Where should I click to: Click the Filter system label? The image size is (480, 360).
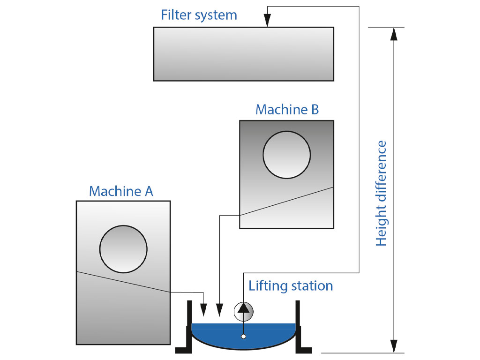(x=199, y=15)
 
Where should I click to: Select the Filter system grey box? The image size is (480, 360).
(x=243, y=54)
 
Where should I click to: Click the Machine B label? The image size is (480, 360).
(x=287, y=110)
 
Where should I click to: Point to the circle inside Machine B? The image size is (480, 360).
(x=286, y=155)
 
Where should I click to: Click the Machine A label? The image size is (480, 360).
(x=121, y=191)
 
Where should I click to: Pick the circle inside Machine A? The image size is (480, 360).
(x=123, y=249)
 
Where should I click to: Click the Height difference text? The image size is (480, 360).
(x=382, y=193)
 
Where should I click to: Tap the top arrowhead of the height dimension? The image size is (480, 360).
(x=394, y=34)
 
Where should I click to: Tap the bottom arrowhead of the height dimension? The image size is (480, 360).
(x=394, y=346)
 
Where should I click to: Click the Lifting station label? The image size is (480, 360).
(x=291, y=285)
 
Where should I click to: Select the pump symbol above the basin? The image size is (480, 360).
(x=243, y=310)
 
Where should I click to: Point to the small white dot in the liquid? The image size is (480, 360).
(x=243, y=336)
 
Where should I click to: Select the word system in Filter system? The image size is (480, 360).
(x=216, y=15)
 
